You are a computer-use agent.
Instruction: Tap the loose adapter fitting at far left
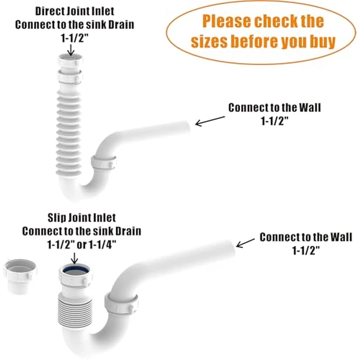click(x=19, y=275)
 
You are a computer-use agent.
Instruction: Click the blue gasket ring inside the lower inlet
click(x=70, y=269)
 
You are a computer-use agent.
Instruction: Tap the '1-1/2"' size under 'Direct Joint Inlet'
click(x=71, y=37)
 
